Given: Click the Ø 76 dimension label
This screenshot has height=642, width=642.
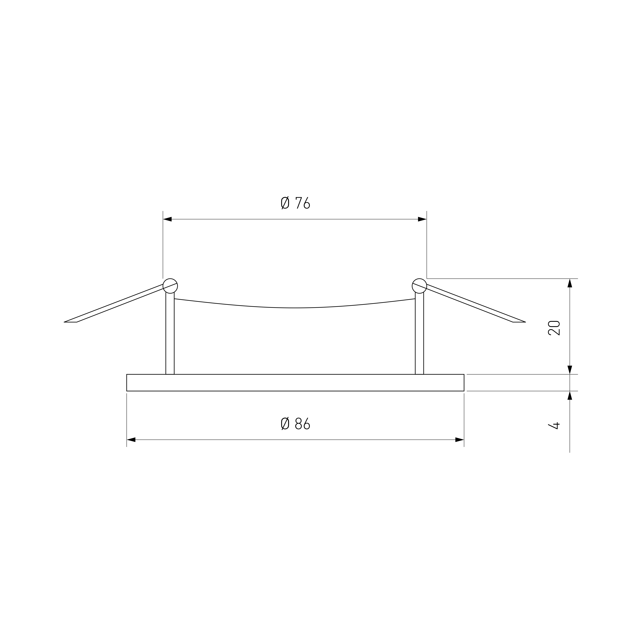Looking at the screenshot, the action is click(295, 203).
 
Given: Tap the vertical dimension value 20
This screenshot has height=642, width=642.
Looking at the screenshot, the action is click(554, 328).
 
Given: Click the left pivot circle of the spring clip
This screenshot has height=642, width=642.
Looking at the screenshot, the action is click(170, 286).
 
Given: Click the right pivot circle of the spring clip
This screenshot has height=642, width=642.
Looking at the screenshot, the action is click(419, 286).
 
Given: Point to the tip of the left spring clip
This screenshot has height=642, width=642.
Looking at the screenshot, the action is click(64, 322).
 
